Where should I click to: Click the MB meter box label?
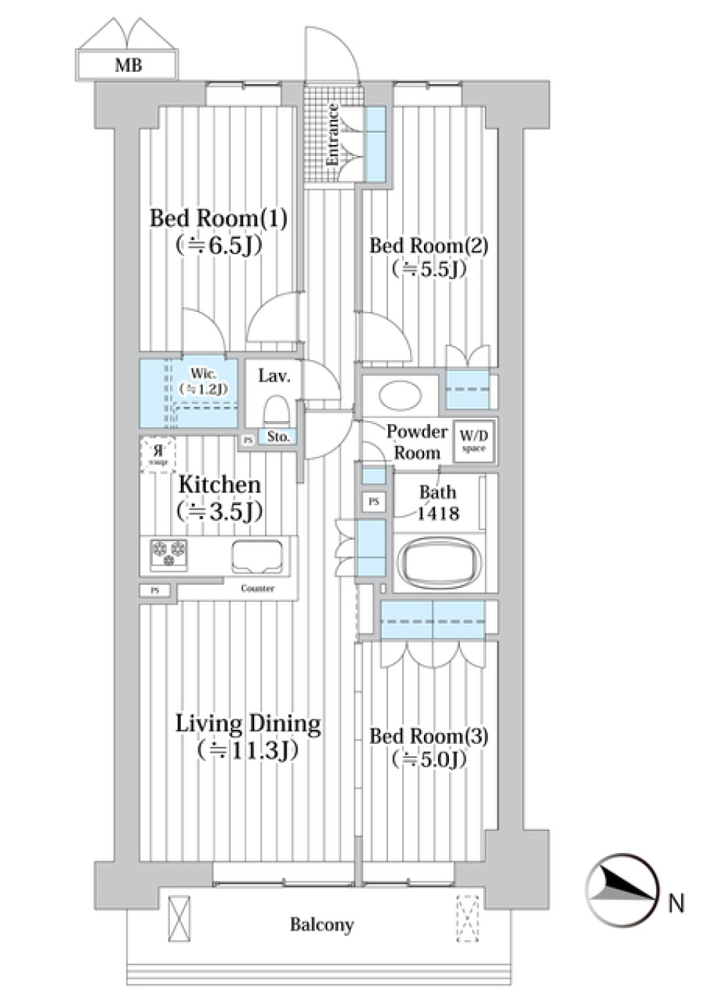click(128, 65)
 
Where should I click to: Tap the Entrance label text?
click(332, 134)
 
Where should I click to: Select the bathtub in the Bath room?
click(439, 565)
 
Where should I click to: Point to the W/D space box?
click(474, 441)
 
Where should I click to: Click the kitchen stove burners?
click(168, 554)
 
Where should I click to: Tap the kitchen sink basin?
click(257, 556)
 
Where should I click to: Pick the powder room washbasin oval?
click(401, 395)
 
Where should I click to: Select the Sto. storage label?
click(278, 437)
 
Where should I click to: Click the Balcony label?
click(321, 925)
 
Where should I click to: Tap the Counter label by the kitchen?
click(258, 588)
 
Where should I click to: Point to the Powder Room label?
click(417, 442)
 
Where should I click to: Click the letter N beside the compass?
click(676, 903)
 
